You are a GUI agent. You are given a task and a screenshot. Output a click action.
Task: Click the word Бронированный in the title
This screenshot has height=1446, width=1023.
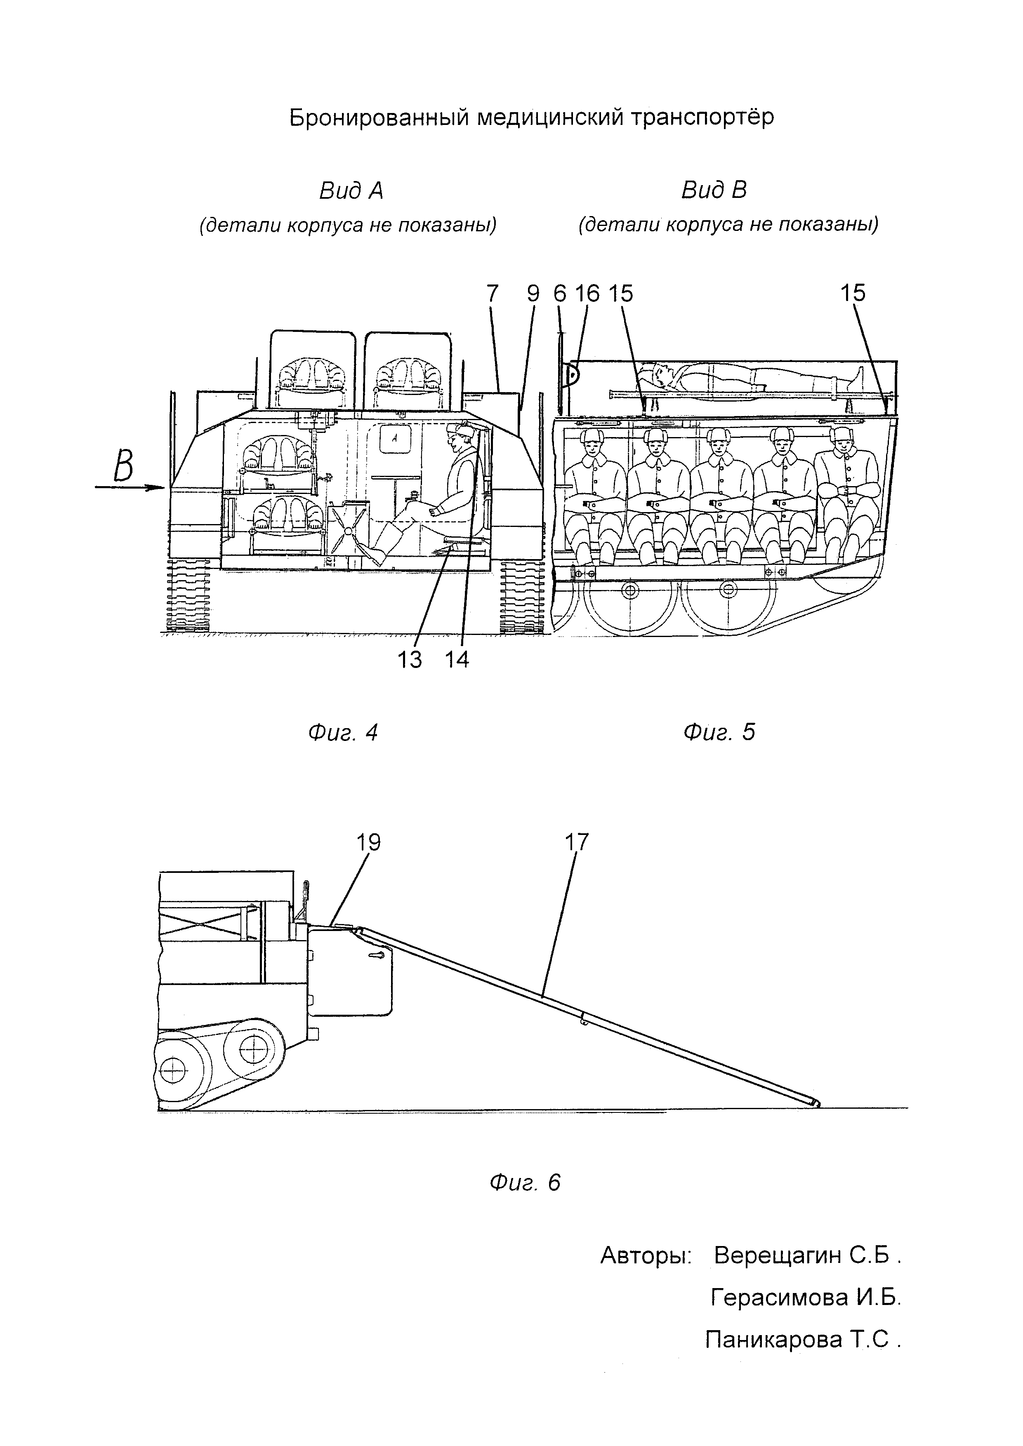click(x=379, y=117)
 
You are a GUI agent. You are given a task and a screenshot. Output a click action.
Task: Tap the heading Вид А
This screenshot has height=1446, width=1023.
click(x=351, y=190)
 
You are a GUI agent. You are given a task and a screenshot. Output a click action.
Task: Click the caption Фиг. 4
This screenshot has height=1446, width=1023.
click(x=343, y=732)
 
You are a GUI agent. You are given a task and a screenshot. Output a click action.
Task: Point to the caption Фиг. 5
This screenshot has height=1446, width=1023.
click(x=719, y=732)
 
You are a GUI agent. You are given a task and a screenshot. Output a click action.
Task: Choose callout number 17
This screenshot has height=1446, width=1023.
click(x=576, y=842)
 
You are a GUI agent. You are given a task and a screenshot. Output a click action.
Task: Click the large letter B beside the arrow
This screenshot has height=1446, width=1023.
click(x=123, y=467)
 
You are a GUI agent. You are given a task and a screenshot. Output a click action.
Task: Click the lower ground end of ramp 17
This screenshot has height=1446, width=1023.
click(x=816, y=1103)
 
